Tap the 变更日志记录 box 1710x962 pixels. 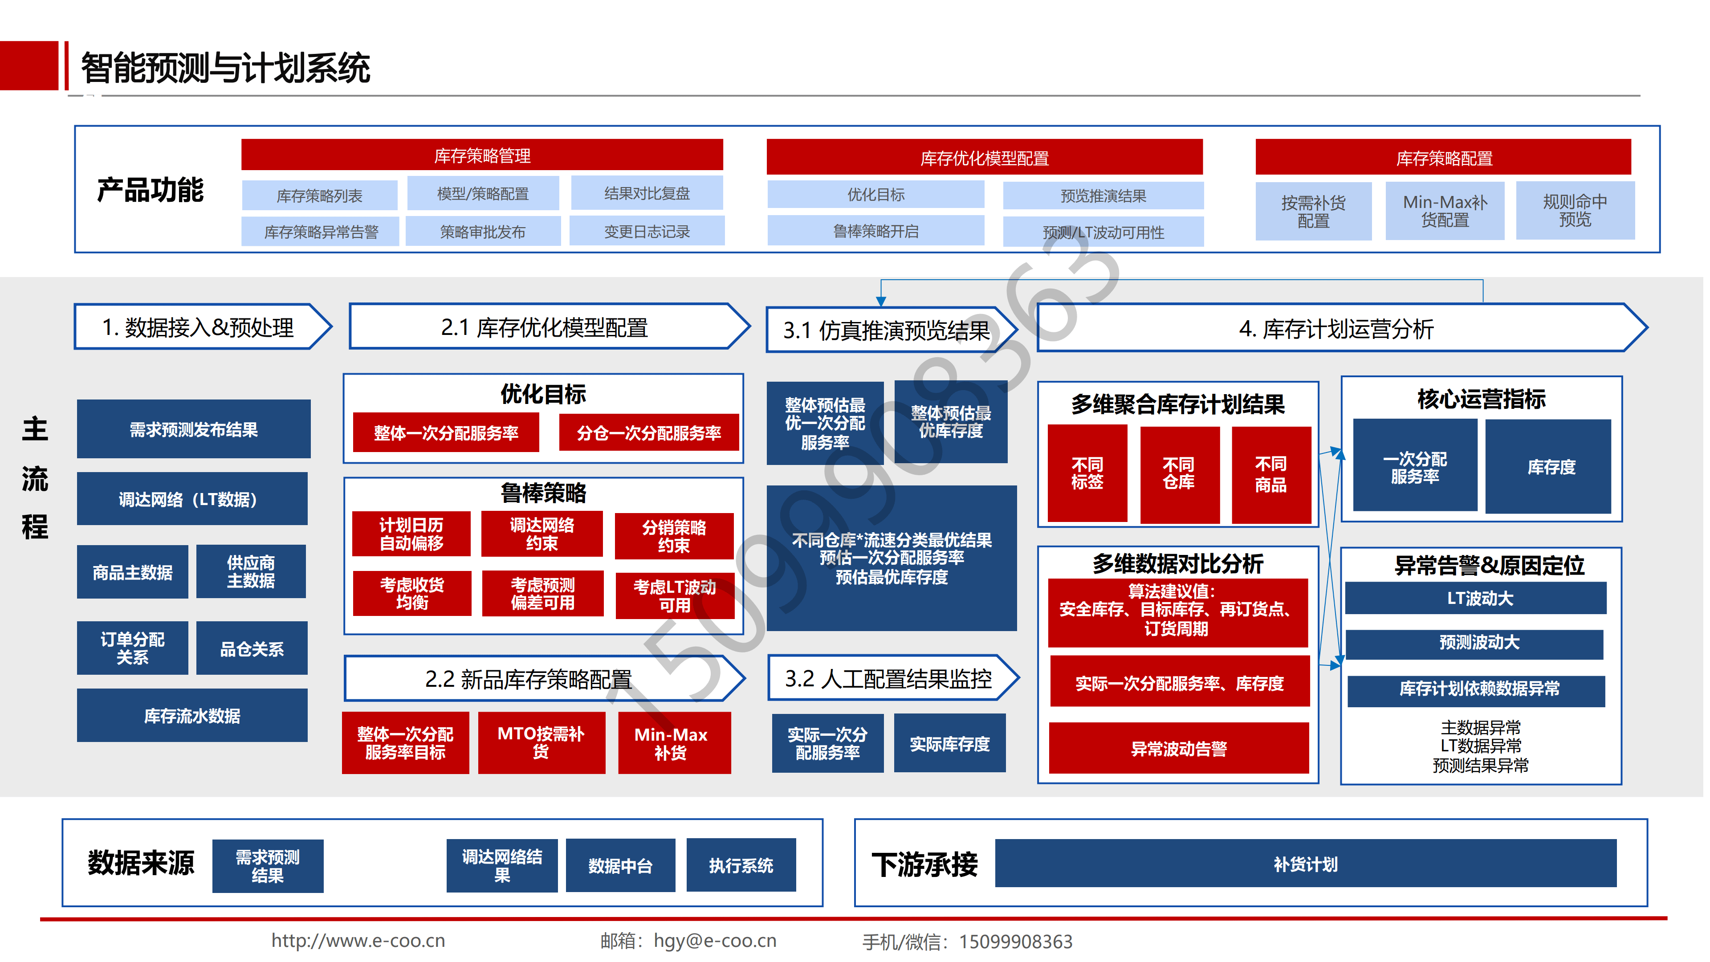coord(647,231)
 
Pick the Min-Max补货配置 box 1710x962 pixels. coord(1445,211)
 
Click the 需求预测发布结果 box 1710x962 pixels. coord(193,429)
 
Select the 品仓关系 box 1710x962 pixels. coord(252,648)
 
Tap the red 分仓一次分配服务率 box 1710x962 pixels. coord(648,433)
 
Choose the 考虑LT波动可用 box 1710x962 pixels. coord(675,595)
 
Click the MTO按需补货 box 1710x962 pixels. coord(541,742)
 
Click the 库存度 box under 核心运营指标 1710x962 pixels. coord(1551,467)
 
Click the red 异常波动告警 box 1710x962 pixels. coord(1178,748)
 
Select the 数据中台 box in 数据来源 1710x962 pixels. coord(620,865)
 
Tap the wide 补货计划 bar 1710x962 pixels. coord(1305,863)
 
